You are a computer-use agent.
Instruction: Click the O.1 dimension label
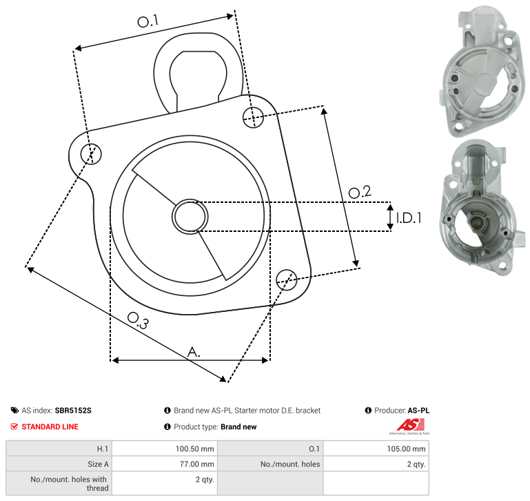tap(148, 21)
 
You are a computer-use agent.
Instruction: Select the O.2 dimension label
tap(360, 192)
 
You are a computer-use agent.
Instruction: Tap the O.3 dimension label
tap(138, 320)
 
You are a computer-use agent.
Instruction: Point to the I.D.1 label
tap(409, 218)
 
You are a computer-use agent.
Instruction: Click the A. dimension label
tap(194, 352)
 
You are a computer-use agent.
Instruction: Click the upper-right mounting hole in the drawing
tap(253, 117)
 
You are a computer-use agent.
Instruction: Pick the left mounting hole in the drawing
tap(91, 154)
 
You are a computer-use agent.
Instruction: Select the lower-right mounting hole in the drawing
tap(287, 279)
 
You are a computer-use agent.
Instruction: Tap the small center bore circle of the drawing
tap(190, 217)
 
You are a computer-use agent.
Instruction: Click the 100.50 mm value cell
tap(165, 449)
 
